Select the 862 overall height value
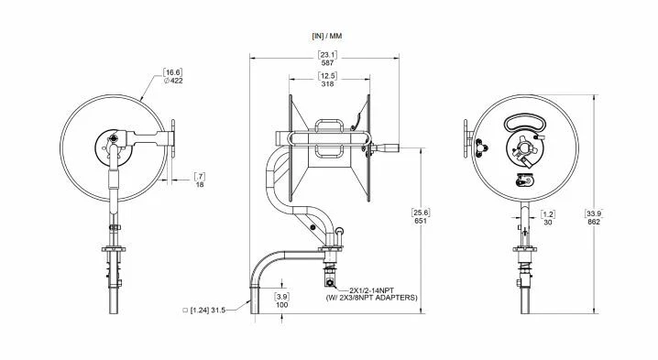(595, 222)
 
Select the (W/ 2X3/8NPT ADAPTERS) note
(372, 298)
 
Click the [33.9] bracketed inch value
(595, 213)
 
